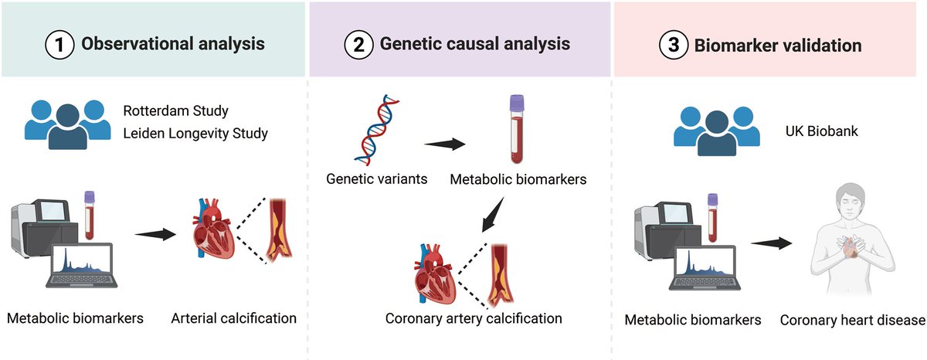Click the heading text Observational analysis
pos(173,44)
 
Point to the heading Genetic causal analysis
pos(475,44)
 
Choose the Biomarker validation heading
pos(779,45)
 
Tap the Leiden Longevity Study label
pos(195,134)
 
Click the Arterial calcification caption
pos(233,318)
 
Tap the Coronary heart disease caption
pos(852,320)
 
